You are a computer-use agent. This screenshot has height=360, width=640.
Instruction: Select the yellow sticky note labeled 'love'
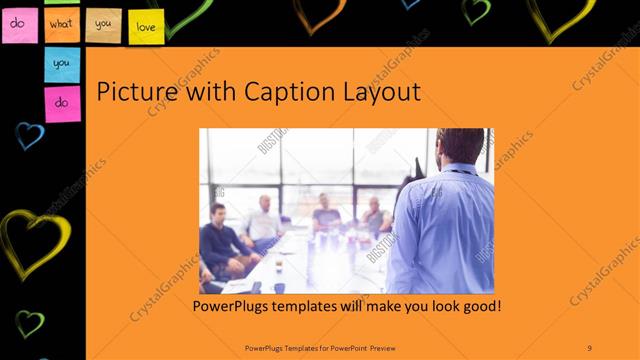[x=146, y=26]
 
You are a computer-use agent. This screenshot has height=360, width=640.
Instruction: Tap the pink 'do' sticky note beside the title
[x=62, y=103]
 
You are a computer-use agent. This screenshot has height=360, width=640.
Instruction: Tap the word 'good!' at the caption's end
[x=478, y=304]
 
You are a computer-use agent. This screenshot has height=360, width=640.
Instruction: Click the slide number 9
[x=589, y=347]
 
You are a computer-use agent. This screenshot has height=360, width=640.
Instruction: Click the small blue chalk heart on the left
[x=29, y=135]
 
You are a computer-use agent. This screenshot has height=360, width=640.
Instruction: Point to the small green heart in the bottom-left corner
[x=29, y=323]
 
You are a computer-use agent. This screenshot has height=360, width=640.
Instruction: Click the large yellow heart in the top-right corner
[x=560, y=15]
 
